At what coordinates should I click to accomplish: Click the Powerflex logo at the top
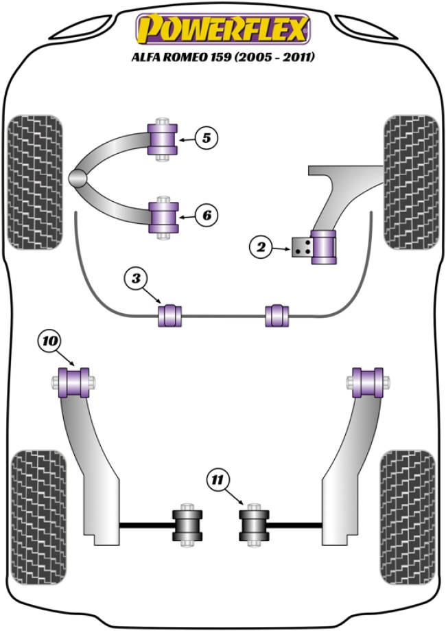pyautogui.click(x=223, y=31)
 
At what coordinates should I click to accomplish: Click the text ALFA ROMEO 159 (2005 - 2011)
pyautogui.click(x=223, y=58)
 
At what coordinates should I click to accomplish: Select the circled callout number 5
pyautogui.click(x=205, y=138)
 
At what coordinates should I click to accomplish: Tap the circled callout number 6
pyautogui.click(x=205, y=216)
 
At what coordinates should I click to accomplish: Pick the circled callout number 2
pyautogui.click(x=261, y=247)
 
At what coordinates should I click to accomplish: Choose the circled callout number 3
pyautogui.click(x=137, y=279)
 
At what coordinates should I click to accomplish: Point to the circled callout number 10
pyautogui.click(x=51, y=341)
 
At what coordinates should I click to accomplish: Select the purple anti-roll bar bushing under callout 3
pyautogui.click(x=170, y=315)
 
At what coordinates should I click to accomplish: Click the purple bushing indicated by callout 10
pyautogui.click(x=75, y=382)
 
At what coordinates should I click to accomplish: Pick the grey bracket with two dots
pyautogui.click(x=300, y=248)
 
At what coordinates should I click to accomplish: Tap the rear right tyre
pyautogui.click(x=407, y=517)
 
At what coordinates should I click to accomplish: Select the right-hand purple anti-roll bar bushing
pyautogui.click(x=277, y=315)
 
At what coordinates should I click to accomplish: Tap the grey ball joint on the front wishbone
pyautogui.click(x=78, y=177)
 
